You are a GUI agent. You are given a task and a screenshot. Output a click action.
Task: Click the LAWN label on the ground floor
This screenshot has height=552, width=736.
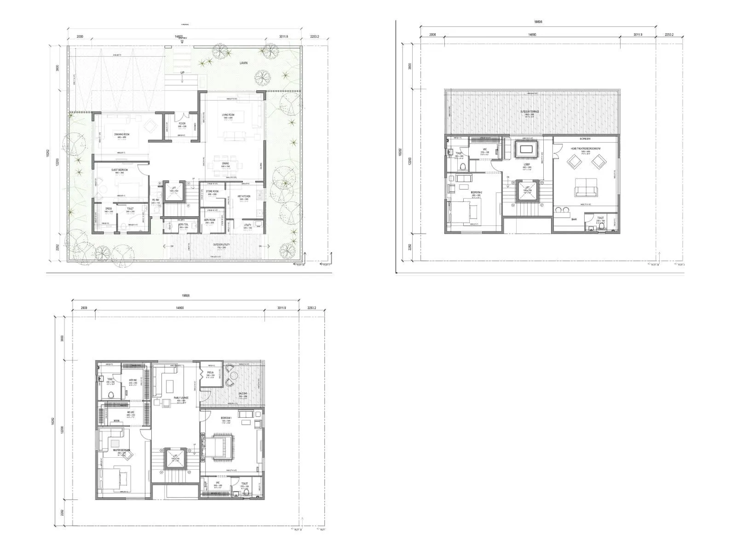[x=243, y=63]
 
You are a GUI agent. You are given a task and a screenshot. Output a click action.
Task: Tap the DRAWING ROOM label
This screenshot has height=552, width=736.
[x=121, y=134]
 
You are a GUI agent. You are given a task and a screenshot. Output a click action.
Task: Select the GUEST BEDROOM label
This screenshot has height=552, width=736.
[x=120, y=170]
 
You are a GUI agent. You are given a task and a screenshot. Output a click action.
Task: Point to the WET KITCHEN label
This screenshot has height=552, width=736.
[x=244, y=196]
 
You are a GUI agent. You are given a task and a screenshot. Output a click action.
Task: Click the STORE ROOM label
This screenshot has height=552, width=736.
[x=212, y=191]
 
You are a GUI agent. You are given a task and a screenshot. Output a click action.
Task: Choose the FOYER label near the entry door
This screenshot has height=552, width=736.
[x=182, y=124]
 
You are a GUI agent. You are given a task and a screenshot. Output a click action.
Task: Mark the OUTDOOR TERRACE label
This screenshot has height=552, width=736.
[x=530, y=112]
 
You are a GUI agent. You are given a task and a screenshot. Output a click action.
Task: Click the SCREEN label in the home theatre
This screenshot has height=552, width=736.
[x=585, y=138]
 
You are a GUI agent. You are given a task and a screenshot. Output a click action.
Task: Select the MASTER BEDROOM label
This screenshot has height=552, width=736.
[x=121, y=450]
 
